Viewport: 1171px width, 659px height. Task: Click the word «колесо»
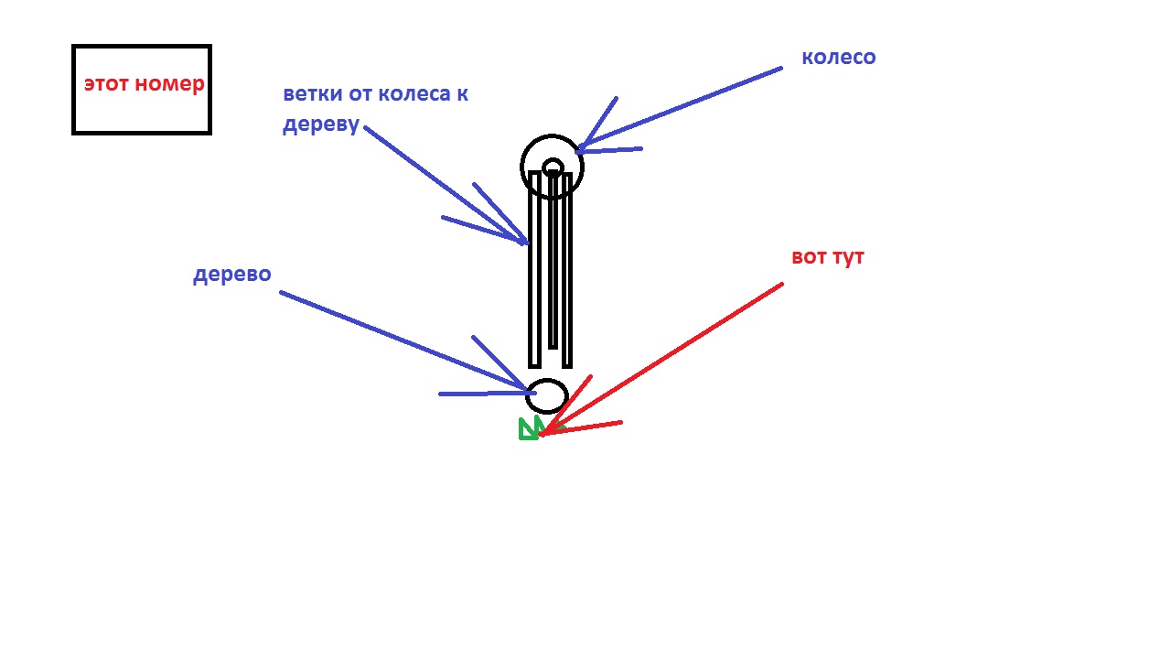pos(839,58)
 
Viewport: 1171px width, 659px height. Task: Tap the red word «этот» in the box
pos(107,83)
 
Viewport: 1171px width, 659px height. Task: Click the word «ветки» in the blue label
pos(314,94)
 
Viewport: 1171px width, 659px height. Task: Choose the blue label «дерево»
pos(232,275)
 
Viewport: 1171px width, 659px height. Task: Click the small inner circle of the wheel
pos(553,167)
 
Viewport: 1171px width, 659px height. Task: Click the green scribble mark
pos(529,429)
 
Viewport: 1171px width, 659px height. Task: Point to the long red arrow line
pos(661,360)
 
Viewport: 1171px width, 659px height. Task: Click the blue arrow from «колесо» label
pos(680,109)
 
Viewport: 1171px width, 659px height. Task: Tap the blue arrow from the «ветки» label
pos(445,185)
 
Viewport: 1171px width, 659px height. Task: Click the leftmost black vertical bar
pos(534,269)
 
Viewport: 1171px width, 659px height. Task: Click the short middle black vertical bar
pos(553,259)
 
